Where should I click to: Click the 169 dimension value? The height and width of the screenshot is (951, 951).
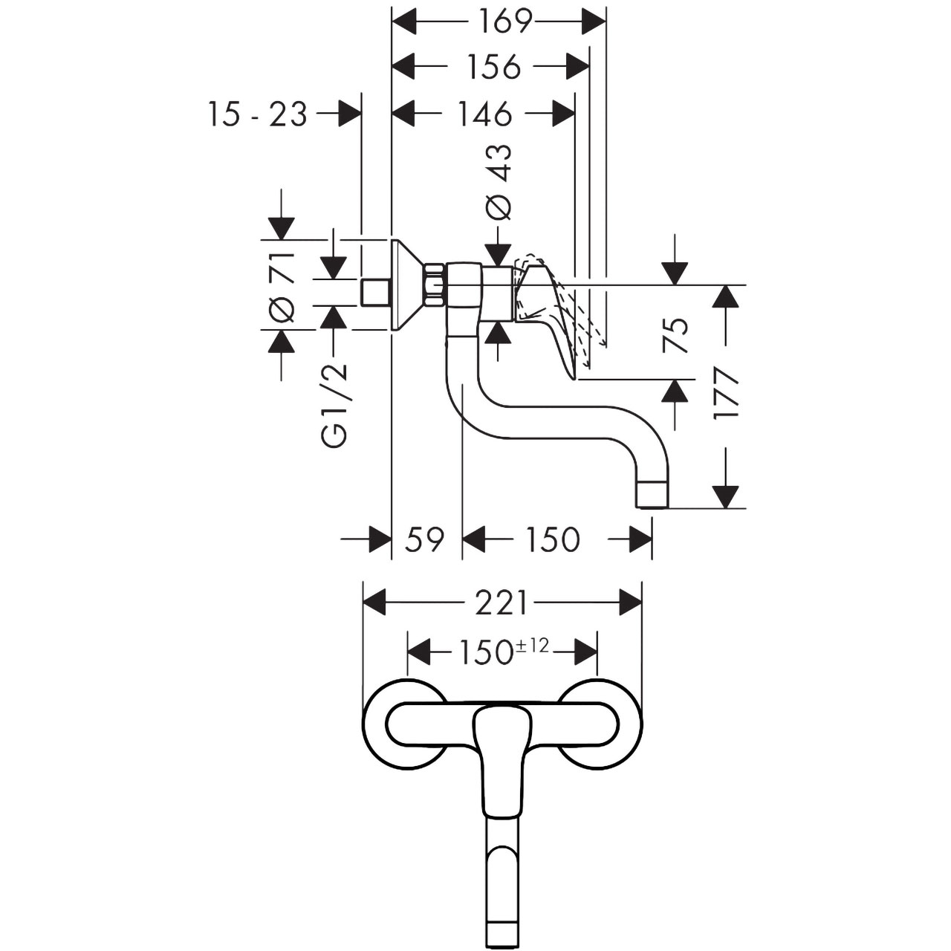coord(501,22)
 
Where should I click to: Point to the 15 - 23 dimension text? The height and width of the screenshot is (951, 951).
coord(258,114)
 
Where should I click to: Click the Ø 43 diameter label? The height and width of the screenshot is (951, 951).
coord(498,182)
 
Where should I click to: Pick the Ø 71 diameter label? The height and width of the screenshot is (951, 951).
coord(282,285)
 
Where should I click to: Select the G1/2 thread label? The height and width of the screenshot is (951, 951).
coord(337,406)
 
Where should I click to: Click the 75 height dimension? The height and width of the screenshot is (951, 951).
coord(675,335)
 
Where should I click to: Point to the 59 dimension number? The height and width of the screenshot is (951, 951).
coord(425,539)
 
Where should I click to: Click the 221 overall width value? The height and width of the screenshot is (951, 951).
coord(501,603)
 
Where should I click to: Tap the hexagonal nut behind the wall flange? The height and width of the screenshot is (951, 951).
coord(435,287)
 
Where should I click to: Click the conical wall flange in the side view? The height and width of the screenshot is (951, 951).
coord(408,285)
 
